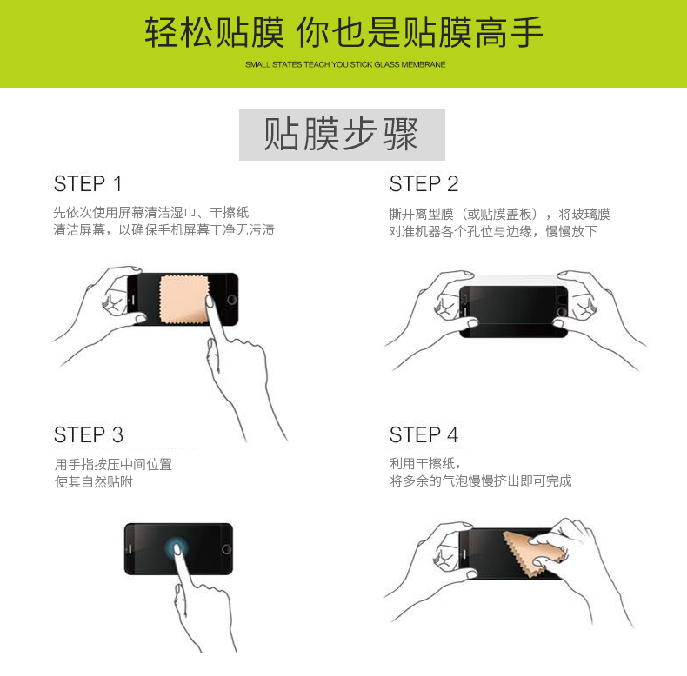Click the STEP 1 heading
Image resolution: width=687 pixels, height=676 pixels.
(x=88, y=184)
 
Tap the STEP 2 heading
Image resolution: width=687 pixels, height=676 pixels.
(x=424, y=184)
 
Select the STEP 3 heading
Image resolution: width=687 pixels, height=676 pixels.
(x=89, y=435)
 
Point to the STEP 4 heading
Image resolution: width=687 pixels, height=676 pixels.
(x=424, y=435)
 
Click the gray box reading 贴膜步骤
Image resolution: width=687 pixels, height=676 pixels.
(x=342, y=135)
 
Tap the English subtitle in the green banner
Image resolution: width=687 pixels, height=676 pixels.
(x=345, y=65)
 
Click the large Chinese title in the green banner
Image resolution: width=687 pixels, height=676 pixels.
(x=344, y=32)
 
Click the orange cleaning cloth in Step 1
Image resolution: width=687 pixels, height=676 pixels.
(x=184, y=300)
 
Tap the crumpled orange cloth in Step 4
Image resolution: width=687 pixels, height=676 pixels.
(x=534, y=553)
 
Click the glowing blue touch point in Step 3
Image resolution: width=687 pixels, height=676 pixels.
(x=177, y=547)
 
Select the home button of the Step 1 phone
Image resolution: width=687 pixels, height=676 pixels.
(x=232, y=300)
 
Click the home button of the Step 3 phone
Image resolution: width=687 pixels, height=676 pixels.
(x=226, y=549)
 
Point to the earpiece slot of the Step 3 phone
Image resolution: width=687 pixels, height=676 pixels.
(x=130, y=549)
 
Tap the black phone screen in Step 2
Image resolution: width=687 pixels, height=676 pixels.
(x=513, y=312)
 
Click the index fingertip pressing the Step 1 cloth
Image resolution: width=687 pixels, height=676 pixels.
(x=210, y=302)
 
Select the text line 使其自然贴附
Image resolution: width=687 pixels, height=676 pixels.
(x=94, y=482)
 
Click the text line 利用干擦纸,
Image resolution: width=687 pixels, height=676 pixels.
(x=425, y=464)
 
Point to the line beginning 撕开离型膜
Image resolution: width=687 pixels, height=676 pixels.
(x=499, y=214)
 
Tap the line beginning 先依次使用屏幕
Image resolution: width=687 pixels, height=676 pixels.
(x=151, y=212)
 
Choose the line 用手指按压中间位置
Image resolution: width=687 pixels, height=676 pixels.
(x=113, y=465)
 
